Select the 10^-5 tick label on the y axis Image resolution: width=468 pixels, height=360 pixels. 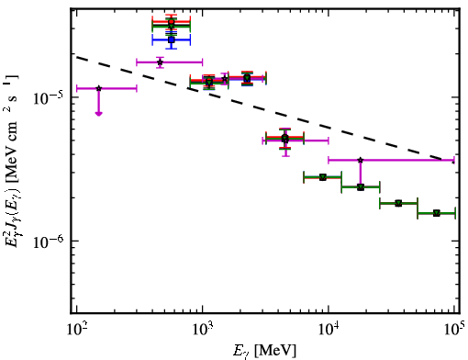point(49,97)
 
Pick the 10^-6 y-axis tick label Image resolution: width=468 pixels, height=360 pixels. point(49,242)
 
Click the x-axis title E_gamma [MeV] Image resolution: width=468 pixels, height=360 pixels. point(264,351)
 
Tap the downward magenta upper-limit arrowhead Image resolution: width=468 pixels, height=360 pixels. point(98,114)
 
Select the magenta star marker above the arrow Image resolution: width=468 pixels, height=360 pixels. point(98,88)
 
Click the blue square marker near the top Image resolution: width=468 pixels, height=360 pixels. point(172,39)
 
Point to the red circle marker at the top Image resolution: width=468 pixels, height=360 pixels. point(172,22)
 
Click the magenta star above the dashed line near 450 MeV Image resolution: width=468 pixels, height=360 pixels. point(160,62)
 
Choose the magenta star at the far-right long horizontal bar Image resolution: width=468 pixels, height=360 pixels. point(361,160)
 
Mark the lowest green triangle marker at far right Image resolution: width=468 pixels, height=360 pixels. point(437,213)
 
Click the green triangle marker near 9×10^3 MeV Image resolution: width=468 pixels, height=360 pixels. point(323,177)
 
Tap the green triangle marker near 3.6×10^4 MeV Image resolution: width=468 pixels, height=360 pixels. point(398,203)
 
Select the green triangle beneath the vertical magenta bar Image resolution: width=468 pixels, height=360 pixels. point(361,187)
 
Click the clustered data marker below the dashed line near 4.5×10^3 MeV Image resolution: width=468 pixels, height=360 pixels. point(284,139)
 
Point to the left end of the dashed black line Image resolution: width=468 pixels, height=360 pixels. point(77,57)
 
